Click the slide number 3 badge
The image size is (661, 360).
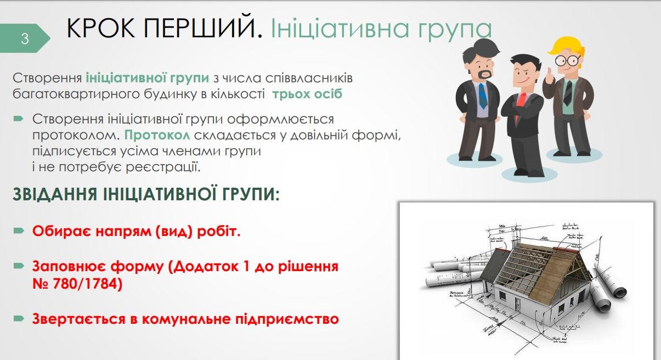pos(25,39)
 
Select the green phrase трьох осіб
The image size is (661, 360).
pos(307,93)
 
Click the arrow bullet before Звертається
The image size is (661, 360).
pos(19,318)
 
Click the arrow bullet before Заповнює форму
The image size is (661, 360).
pos(19,267)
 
